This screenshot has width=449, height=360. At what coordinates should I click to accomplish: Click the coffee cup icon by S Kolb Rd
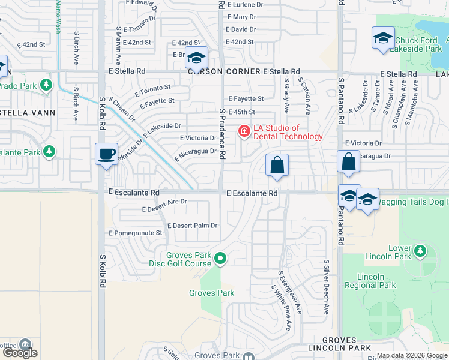[x=106, y=154]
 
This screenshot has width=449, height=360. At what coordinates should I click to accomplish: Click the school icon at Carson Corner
[x=196, y=58]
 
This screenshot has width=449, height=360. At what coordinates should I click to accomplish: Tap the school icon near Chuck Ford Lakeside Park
[x=383, y=39]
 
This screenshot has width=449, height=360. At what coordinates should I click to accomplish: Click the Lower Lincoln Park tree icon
[x=420, y=249]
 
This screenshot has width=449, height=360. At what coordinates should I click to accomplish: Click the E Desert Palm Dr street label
[x=192, y=226]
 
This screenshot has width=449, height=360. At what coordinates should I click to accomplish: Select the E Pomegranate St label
[x=135, y=233]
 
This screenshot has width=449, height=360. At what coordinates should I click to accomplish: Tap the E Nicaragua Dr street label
[x=196, y=154]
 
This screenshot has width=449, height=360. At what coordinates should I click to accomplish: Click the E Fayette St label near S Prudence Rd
[x=246, y=98]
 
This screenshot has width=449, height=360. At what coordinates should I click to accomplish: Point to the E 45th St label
[x=242, y=112]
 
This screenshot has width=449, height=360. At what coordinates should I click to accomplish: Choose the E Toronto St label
[x=153, y=91]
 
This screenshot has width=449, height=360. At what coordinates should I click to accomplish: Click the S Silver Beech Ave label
[x=327, y=287]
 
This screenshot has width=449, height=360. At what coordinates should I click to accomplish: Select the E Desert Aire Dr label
[x=164, y=206]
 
